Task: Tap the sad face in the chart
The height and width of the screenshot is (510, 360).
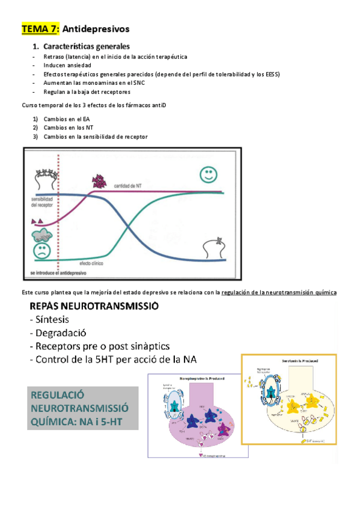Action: [42, 251]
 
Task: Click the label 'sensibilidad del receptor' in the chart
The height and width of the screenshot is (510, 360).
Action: [43, 201]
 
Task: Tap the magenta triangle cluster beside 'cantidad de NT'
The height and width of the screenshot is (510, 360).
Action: [98, 180]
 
